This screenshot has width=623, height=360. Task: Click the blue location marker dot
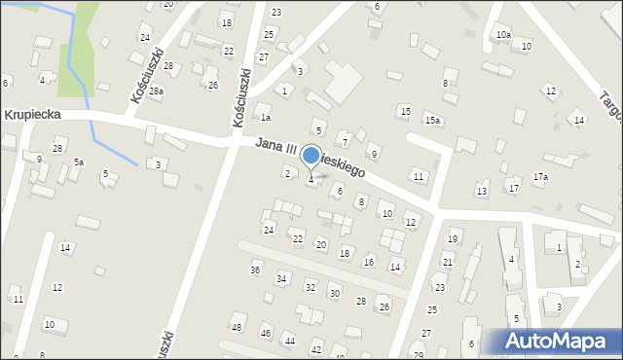pyautogui.click(x=311, y=155)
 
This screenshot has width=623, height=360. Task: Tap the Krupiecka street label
pyautogui.click(x=33, y=114)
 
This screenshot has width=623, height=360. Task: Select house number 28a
pyautogui.click(x=156, y=90)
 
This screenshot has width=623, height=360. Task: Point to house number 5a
pyautogui.click(x=78, y=162)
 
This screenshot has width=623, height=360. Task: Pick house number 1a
pyautogui.click(x=265, y=118)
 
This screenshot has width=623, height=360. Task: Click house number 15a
pyautogui.click(x=432, y=120)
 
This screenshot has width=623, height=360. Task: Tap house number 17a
pyautogui.click(x=540, y=176)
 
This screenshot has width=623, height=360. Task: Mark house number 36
pyautogui.click(x=255, y=270)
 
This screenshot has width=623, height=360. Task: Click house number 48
pyautogui.click(x=237, y=327)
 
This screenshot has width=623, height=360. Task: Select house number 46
pyautogui.click(x=265, y=334)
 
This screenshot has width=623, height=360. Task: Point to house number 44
pyautogui.click(x=289, y=340)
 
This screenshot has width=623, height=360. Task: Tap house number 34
pyautogui.click(x=281, y=278)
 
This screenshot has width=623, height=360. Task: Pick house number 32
pyautogui.click(x=310, y=287)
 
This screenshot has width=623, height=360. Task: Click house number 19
pyautogui.click(x=452, y=238)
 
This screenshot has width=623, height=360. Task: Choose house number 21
pyautogui.click(x=448, y=262)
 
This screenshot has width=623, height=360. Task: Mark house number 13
pyautogui.click(x=482, y=191)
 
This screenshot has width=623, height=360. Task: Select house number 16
pyautogui.click(x=368, y=262)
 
